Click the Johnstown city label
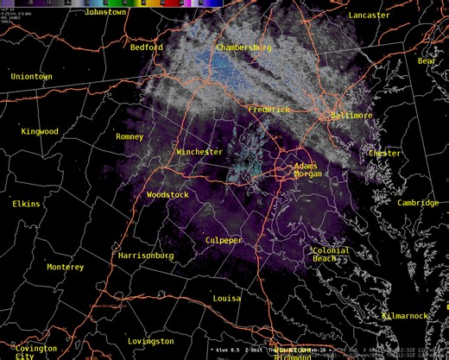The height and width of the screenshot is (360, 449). click(x=106, y=12)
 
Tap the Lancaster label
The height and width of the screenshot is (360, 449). click(x=369, y=16)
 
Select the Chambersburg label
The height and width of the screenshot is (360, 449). click(x=244, y=47)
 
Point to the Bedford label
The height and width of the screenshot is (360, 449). click(x=147, y=47)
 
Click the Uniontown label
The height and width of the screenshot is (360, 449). click(x=31, y=77)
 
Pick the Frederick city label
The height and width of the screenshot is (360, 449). click(x=269, y=110)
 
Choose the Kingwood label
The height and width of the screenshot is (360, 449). click(x=40, y=131)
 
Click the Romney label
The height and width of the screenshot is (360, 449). click(x=130, y=136)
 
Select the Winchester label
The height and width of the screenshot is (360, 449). click(x=199, y=152)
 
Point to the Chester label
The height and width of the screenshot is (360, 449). click(x=384, y=153)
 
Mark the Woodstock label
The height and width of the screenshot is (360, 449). click(x=168, y=195)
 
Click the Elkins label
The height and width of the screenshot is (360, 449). click(x=26, y=204)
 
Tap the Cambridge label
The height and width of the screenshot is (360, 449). click(x=418, y=203)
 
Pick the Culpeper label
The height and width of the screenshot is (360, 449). click(x=224, y=240)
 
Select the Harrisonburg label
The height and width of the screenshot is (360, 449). click(x=146, y=256)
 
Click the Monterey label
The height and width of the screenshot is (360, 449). click(x=66, y=267)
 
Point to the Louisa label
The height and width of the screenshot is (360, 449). click(x=227, y=298)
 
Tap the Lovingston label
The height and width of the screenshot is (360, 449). click(x=150, y=341)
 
